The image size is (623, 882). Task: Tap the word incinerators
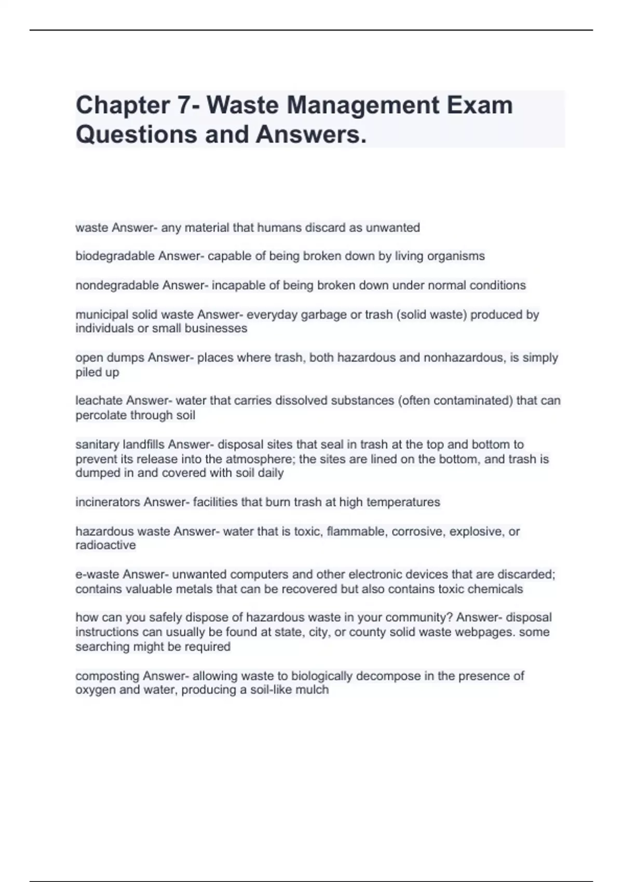point(107,502)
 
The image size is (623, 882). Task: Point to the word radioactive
point(105,545)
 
